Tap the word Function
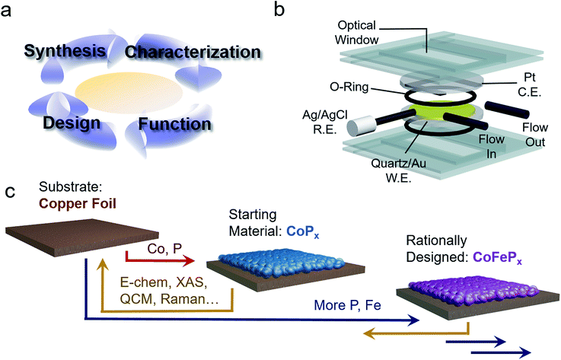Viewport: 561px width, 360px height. pyautogui.click(x=180, y=123)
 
